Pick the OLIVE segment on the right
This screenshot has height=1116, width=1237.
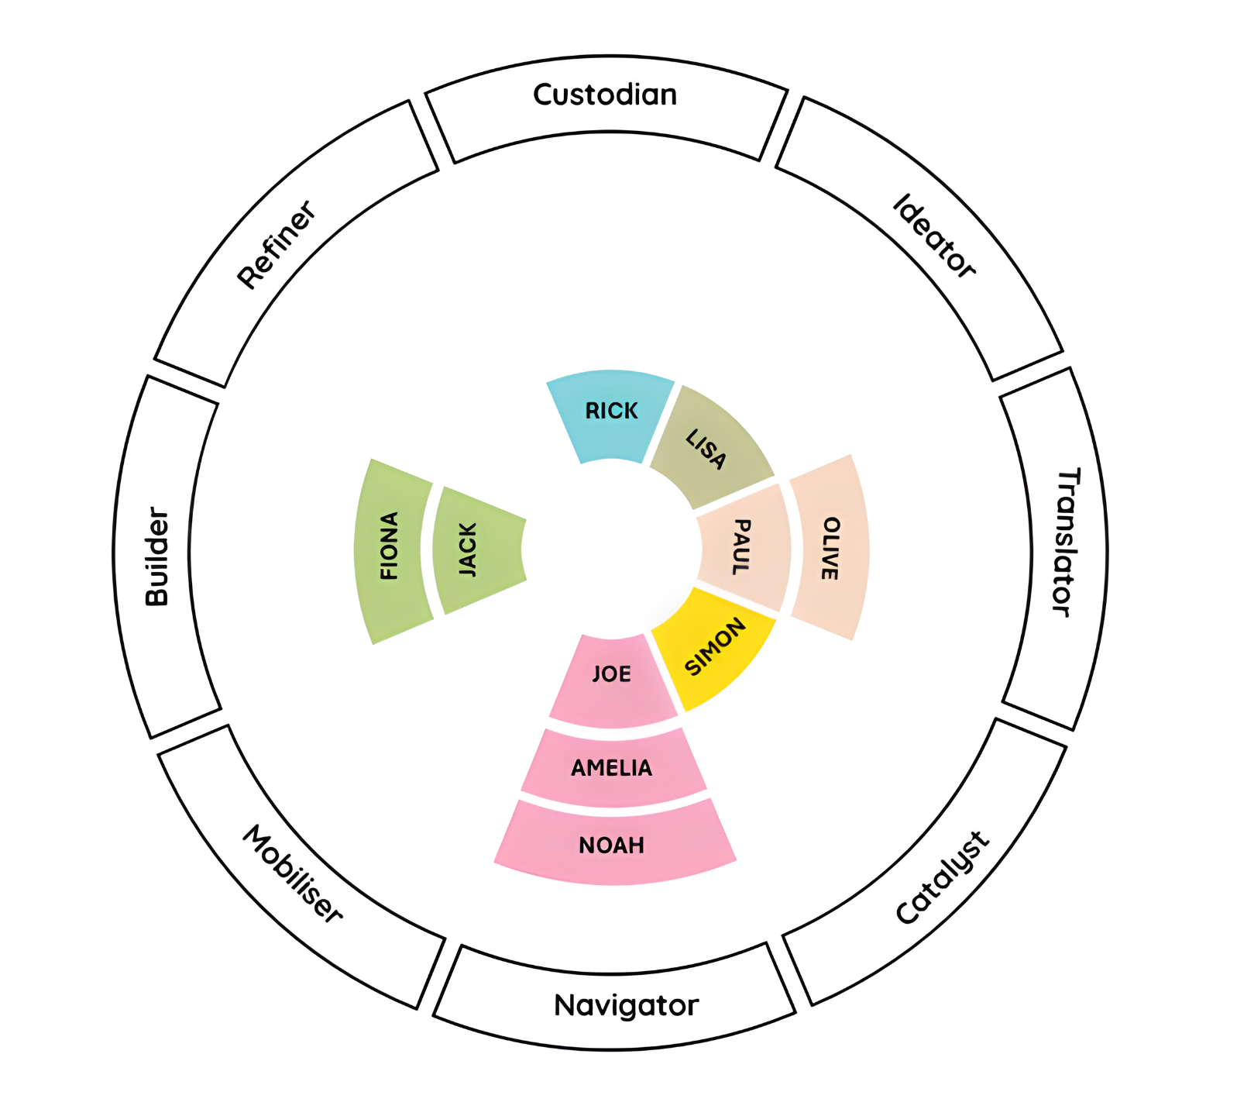click(x=829, y=547)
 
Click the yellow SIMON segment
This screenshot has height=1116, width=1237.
click(x=714, y=647)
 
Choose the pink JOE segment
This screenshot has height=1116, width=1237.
click(x=612, y=678)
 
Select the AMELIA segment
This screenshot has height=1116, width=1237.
click(x=612, y=768)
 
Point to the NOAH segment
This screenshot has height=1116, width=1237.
click(x=612, y=846)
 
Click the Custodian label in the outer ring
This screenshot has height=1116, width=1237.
click(x=605, y=95)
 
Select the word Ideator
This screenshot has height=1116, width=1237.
click(x=934, y=236)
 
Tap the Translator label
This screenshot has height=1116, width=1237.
click(x=1067, y=542)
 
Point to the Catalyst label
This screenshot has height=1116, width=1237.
click(x=942, y=879)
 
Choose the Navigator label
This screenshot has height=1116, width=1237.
click(x=626, y=1005)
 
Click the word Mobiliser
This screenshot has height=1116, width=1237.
click(x=293, y=873)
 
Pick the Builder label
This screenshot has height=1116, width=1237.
click(x=157, y=556)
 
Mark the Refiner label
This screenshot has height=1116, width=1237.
click(x=277, y=245)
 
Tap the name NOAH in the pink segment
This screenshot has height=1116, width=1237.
click(x=612, y=846)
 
